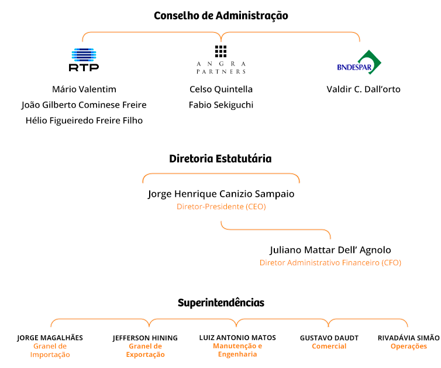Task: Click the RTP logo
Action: tap(84, 60)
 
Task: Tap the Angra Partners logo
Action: tap(221, 60)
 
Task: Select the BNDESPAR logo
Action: tap(359, 63)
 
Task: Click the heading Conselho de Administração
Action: tap(220, 16)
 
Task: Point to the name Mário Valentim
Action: tap(84, 89)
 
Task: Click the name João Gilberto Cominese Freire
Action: tap(84, 105)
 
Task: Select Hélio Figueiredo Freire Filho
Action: tap(84, 120)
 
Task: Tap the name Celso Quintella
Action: tap(221, 89)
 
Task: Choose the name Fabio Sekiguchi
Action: tap(221, 105)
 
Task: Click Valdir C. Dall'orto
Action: tap(363, 89)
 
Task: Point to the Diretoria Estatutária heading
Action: tap(220, 159)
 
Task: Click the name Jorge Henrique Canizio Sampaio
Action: tap(221, 194)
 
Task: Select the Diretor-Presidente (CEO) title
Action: tap(221, 207)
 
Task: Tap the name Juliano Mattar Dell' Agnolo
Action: tap(330, 250)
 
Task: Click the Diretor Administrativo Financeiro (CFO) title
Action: tap(330, 263)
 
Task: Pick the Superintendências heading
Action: tap(221, 303)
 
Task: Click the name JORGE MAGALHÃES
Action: tap(50, 338)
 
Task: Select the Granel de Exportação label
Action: tap(146, 350)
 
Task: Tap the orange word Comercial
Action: tap(329, 346)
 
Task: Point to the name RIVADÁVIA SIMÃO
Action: tap(409, 338)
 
